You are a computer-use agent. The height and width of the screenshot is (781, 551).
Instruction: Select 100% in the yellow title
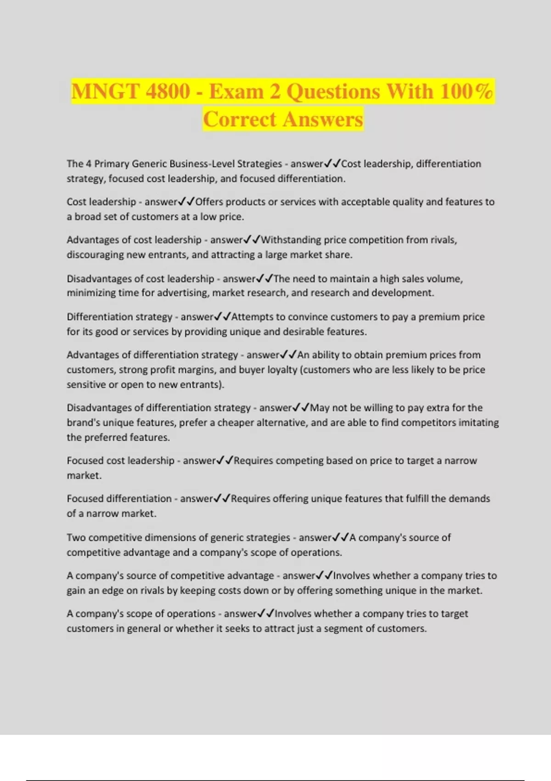(466, 91)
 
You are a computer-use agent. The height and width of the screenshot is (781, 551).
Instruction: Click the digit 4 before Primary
(89, 164)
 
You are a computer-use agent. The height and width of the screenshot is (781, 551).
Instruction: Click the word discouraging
(95, 255)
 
